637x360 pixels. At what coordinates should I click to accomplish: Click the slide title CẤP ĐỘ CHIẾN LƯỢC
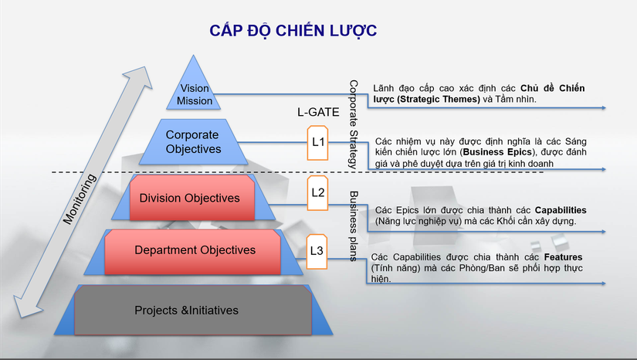[293, 30]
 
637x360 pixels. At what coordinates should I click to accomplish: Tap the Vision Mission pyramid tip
[195, 93]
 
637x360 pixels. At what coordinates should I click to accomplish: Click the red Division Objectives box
[189, 198]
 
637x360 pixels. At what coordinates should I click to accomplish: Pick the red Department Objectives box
[195, 250]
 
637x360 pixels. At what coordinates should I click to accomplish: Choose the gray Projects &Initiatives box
[186, 311]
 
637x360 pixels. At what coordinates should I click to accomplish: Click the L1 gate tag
[318, 142]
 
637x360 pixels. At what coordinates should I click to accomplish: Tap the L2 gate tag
[318, 190]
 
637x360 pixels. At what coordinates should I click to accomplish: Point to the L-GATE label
[317, 112]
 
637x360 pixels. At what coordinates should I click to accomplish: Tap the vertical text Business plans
[353, 225]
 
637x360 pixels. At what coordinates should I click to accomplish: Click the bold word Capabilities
[551, 210]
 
